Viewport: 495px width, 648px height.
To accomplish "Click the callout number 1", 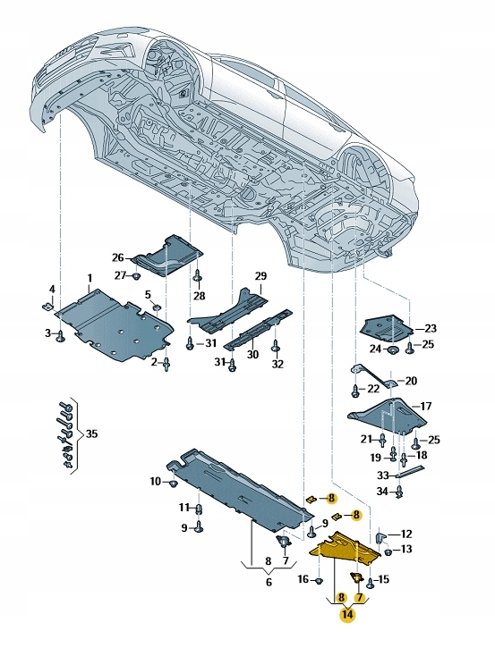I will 89,279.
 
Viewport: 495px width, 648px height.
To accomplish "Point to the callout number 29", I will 260,276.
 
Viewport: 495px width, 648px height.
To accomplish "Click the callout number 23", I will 431,328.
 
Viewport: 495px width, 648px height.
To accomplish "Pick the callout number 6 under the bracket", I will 268,581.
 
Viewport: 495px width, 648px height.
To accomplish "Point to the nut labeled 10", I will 172,484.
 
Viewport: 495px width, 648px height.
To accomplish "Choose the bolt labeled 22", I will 356,390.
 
